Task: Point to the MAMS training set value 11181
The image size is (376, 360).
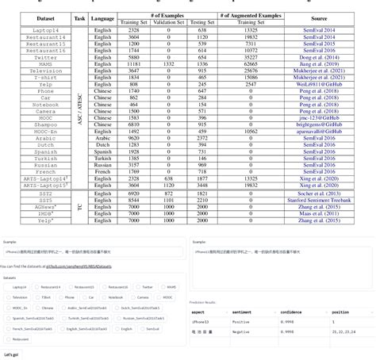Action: [134, 64]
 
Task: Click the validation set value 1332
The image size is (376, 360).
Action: [168, 64]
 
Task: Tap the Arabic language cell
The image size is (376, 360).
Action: [103, 138]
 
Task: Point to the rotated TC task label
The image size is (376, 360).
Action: [79, 207]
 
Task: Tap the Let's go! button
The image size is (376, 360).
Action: [11, 354]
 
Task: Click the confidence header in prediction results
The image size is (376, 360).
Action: [291, 312]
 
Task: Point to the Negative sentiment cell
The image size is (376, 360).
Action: [241, 332]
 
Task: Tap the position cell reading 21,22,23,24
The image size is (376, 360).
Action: [343, 332]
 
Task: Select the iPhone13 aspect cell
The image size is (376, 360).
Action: [200, 322]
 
